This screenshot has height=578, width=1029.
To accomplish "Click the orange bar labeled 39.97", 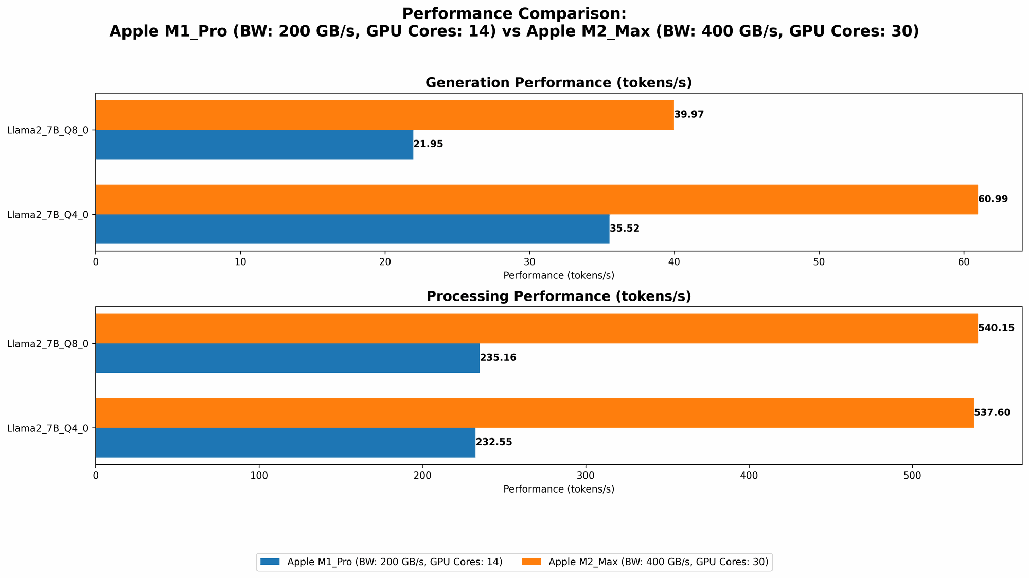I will click(384, 115).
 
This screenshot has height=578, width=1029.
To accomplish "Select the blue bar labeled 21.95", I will click(254, 145).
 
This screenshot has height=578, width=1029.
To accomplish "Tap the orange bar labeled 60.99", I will click(537, 199).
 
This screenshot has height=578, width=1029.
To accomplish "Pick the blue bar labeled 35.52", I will click(352, 229).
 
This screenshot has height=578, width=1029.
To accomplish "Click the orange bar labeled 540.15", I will click(537, 328).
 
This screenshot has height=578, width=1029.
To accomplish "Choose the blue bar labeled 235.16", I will click(288, 358).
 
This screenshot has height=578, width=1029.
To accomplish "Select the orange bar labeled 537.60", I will click(535, 413).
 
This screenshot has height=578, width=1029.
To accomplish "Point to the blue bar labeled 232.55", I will click(286, 443).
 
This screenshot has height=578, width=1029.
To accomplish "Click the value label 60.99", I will click(993, 199).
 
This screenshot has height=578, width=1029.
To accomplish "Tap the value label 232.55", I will click(494, 442).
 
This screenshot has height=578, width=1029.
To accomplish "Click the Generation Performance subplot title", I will click(559, 83).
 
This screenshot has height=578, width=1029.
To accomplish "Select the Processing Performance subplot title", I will click(559, 296).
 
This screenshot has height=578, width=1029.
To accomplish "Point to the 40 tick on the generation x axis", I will click(674, 262).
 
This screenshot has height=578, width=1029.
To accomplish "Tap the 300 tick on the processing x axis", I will click(586, 476).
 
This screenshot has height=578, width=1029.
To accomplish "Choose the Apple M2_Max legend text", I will click(659, 562).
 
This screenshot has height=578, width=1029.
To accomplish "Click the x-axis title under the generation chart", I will click(559, 275).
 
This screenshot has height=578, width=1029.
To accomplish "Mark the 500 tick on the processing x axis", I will click(912, 476).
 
